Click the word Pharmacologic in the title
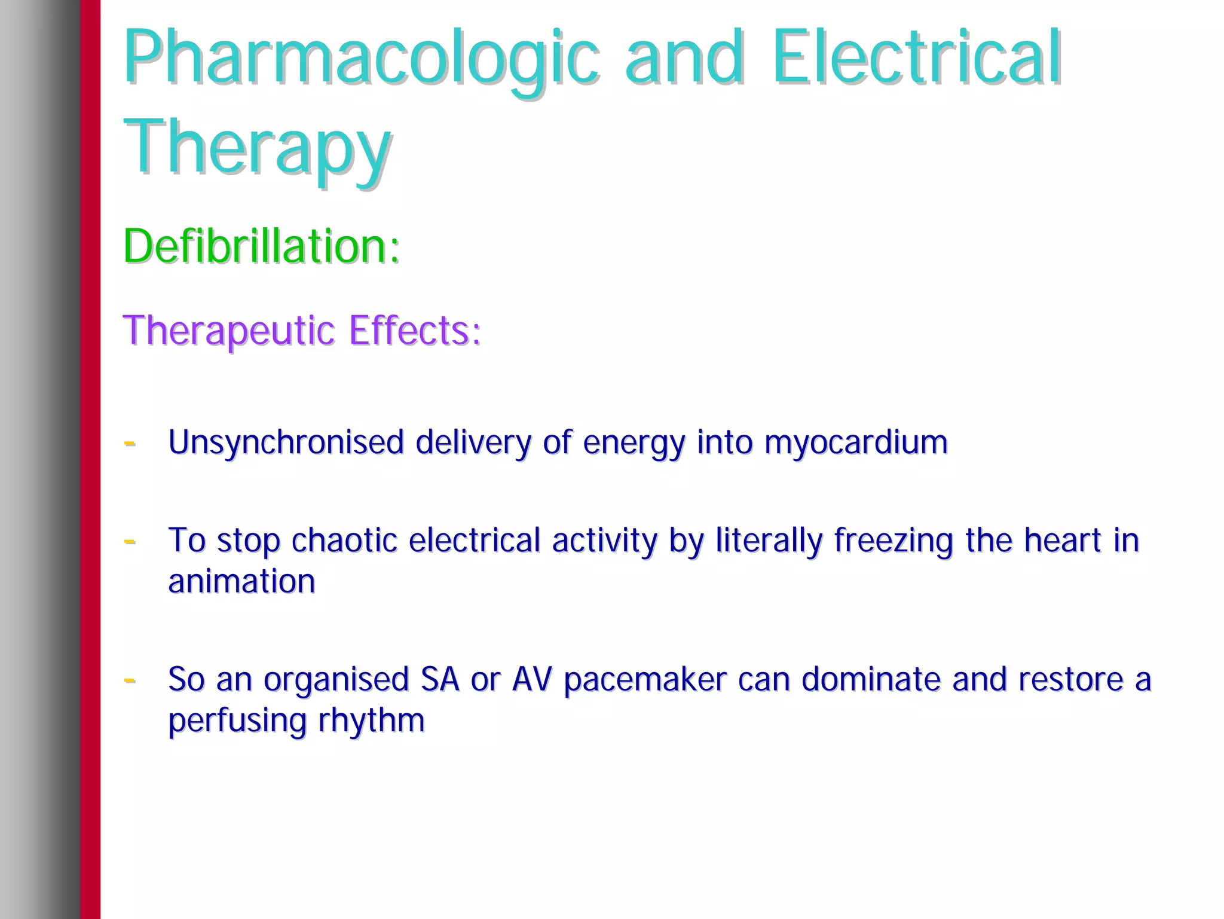point(361,58)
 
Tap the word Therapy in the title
point(258,148)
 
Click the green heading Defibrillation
point(261,246)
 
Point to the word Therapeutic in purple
point(229,331)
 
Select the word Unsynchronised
point(286,442)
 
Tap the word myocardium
point(856,442)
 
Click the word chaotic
point(344,541)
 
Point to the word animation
point(241,581)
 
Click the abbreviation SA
point(440,679)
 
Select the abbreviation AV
point(531,679)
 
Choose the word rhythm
point(371,720)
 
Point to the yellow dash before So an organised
point(129,680)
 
